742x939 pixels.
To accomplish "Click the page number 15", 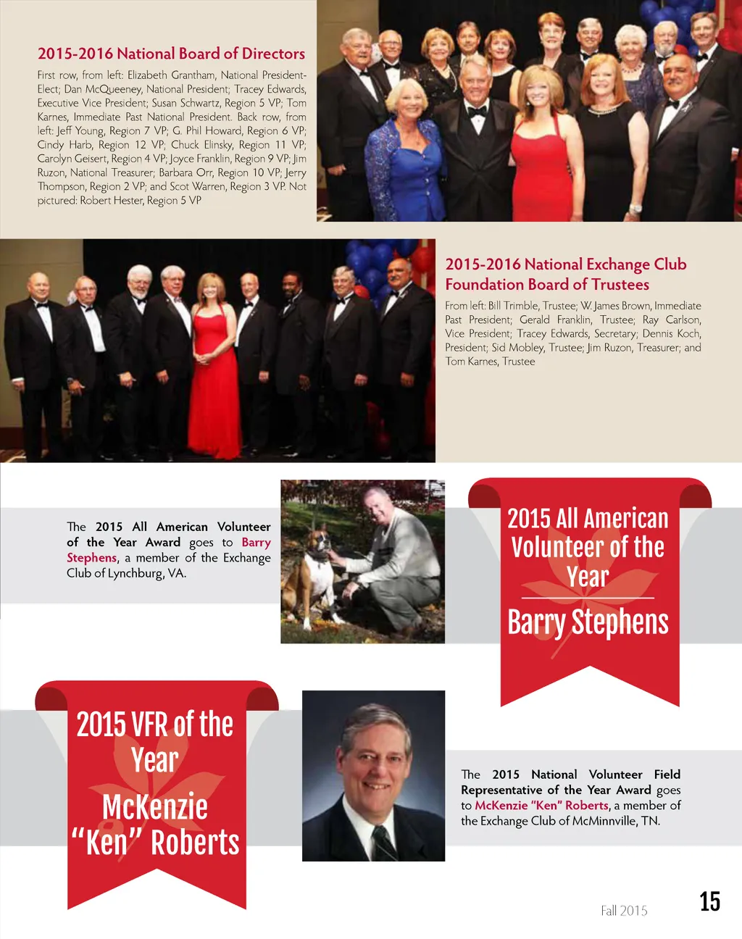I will pyautogui.click(x=709, y=901).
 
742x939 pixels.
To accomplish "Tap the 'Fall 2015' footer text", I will pyautogui.click(x=624, y=911).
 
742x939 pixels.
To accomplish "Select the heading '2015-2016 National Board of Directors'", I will pyautogui.click(x=171, y=54).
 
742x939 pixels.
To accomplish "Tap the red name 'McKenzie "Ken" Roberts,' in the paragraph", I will pyautogui.click(x=542, y=806).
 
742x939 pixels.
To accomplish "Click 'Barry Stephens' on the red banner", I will pyautogui.click(x=588, y=622).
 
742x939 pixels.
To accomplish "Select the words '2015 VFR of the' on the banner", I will pyautogui.click(x=155, y=724).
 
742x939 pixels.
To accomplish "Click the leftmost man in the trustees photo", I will pyautogui.click(x=34, y=362).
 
